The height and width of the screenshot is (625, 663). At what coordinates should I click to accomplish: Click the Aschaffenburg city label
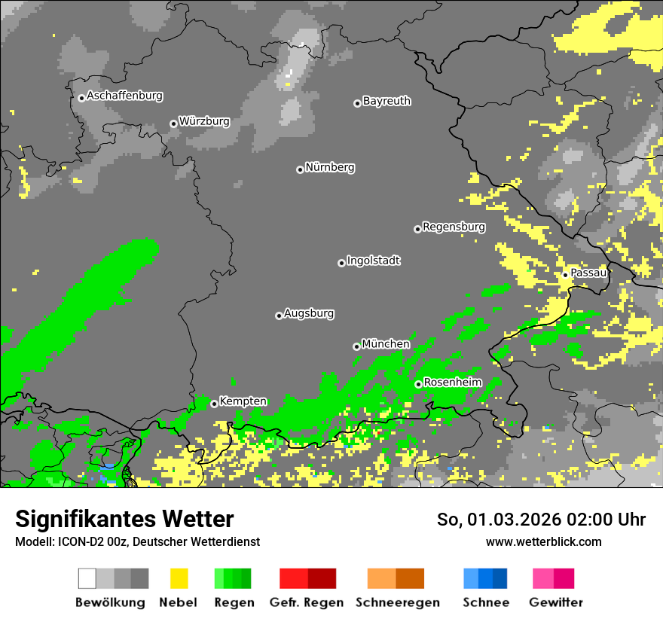click(124, 96)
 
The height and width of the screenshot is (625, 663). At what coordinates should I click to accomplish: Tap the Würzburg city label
click(204, 121)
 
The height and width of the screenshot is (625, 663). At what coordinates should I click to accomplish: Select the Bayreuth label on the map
click(386, 101)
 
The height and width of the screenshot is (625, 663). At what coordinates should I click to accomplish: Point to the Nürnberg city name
click(329, 167)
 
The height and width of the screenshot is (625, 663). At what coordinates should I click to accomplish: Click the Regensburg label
click(454, 227)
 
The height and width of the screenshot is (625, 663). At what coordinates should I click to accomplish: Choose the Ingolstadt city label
click(373, 261)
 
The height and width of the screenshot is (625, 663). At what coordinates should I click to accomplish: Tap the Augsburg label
click(309, 313)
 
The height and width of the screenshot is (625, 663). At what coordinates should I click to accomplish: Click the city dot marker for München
click(356, 346)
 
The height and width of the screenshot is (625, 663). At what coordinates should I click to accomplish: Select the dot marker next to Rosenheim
click(418, 384)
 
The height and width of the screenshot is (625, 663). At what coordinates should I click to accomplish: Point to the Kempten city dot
click(214, 404)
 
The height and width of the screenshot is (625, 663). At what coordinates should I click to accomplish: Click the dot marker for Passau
click(565, 275)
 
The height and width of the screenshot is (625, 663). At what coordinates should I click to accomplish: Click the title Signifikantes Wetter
click(124, 520)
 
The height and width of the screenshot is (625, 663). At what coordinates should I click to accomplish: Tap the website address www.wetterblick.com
click(543, 542)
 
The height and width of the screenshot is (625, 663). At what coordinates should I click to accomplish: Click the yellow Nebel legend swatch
click(179, 578)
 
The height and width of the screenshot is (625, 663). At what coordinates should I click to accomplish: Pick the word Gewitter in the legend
click(555, 602)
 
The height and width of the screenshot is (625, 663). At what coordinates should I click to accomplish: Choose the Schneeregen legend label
click(396, 602)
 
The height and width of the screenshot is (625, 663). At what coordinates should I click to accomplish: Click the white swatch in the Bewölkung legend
click(87, 578)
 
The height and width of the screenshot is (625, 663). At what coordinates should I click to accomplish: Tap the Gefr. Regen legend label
click(307, 602)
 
